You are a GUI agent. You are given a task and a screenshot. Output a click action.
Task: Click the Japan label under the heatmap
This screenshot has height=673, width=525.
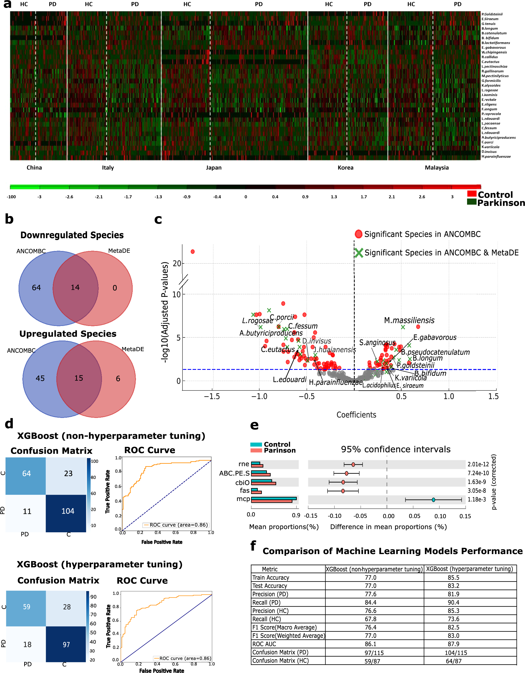tap(214, 168)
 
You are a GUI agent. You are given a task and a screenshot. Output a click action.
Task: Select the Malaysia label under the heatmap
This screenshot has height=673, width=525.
tap(436, 168)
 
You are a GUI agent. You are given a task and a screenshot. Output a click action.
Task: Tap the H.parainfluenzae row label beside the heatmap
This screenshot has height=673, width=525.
tap(496, 156)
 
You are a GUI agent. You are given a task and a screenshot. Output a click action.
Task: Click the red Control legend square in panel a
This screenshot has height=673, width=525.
tap(471, 193)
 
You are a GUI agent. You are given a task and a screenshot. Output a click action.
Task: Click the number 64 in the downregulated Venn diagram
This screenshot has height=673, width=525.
tap(36, 287)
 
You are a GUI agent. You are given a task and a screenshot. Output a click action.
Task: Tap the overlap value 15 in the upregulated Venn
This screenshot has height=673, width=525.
tap(79, 378)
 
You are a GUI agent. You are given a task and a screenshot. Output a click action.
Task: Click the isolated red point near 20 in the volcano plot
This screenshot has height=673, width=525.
tap(193, 252)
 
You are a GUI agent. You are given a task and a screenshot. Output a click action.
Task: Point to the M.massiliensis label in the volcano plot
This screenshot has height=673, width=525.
tap(409, 321)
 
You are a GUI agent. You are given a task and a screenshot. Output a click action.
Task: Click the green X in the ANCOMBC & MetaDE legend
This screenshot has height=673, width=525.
tap(359, 253)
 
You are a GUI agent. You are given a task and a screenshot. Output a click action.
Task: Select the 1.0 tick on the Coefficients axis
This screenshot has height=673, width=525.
tap(448, 396)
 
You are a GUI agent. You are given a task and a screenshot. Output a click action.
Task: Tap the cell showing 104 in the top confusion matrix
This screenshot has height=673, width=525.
tap(68, 511)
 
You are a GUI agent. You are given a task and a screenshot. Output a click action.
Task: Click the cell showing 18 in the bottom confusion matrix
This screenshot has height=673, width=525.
tap(27, 644)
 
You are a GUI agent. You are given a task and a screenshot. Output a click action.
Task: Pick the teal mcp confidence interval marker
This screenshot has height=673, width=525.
tap(433, 500)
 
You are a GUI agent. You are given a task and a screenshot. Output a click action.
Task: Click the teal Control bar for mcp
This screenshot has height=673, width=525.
tap(274, 498)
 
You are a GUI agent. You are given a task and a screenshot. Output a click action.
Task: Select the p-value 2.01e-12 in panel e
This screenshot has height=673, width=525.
tap(478, 464)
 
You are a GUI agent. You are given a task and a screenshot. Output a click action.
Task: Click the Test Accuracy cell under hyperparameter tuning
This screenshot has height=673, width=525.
tap(453, 586)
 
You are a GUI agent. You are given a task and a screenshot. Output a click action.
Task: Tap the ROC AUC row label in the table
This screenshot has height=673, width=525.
tap(264, 644)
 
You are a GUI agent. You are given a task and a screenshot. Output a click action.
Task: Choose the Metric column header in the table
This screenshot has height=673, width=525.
tap(270, 569)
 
